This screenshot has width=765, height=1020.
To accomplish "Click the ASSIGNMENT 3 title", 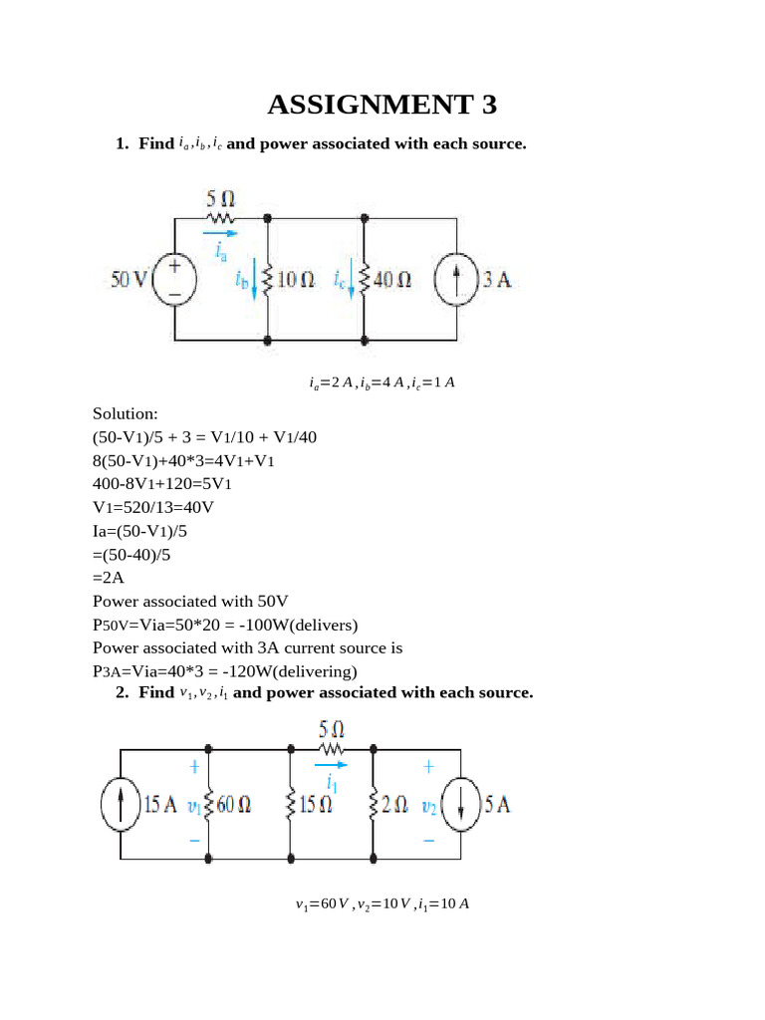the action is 382,105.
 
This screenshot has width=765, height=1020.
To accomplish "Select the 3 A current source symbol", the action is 457,280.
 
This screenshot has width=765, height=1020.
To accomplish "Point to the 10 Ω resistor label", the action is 296,281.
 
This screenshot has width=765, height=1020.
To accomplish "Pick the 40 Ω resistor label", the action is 391,281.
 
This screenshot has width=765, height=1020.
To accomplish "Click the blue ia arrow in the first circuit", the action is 225,236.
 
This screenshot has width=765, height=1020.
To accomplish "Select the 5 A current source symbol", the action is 460,804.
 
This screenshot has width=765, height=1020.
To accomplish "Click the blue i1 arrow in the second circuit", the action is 333,765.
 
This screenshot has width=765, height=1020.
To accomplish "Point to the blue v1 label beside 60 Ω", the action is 194,806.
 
